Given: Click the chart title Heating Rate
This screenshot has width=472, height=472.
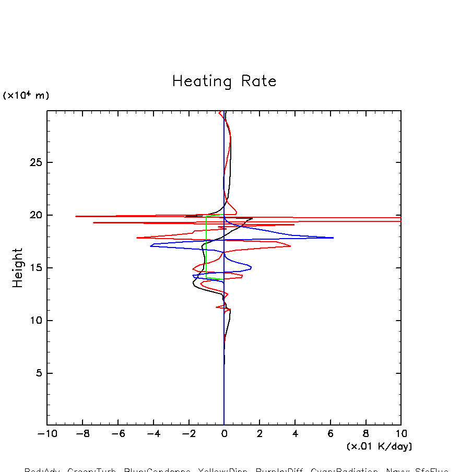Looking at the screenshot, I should coord(224,81).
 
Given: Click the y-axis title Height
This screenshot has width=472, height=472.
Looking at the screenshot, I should coord(18,268).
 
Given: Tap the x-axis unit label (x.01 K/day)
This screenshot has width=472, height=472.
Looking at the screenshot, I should coord(379,446).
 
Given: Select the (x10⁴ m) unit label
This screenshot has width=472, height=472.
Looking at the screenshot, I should coord(26,96).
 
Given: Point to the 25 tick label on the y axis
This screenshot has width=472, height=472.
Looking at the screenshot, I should coord(35,162).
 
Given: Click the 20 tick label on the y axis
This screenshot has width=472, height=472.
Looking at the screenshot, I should coord(35,215).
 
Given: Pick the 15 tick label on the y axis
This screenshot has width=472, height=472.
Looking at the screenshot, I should coord(35,268).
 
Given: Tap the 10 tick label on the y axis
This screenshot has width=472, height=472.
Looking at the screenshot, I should coord(35,321).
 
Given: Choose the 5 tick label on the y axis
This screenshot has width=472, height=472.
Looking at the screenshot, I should coord(38,373).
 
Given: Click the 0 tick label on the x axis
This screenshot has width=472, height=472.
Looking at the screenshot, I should coord(224,434).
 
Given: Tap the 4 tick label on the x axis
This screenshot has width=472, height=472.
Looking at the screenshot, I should coord(295,434).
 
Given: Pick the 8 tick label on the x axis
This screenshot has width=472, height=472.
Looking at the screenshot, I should coord(365,434).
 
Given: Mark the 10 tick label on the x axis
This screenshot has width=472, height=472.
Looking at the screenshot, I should coord(401,434).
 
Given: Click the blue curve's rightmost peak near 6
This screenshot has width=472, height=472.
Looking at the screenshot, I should coord(333,238).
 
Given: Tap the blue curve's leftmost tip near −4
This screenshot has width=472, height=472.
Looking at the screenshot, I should coord(150,245).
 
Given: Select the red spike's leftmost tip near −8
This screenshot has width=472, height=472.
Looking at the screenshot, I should coord(76,216).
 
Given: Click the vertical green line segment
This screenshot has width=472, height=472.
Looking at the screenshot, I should coord(206,245).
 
